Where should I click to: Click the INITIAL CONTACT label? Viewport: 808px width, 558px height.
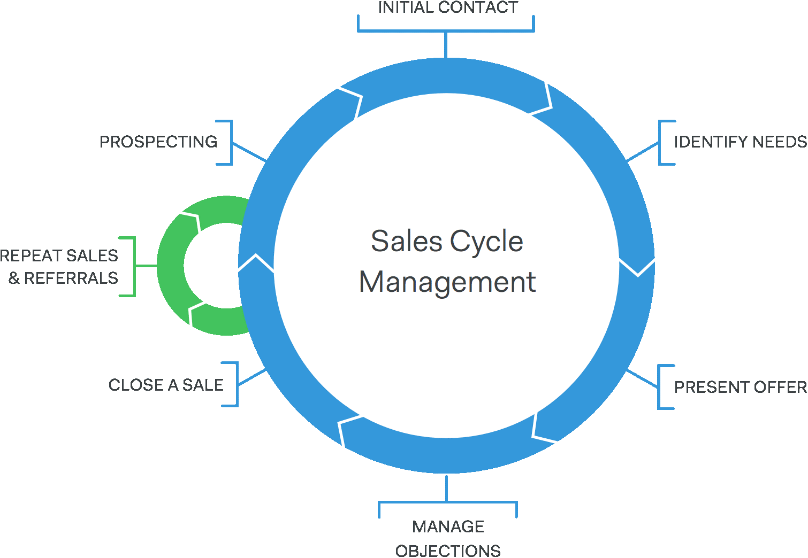tap(448, 7)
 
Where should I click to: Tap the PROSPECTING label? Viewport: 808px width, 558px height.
tap(158, 142)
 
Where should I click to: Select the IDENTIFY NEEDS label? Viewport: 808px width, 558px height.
tap(740, 142)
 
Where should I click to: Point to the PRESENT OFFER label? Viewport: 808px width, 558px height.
tap(740, 387)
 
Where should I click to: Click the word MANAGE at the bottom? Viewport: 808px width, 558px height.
tap(448, 526)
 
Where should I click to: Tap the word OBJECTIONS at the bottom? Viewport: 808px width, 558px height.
tap(448, 551)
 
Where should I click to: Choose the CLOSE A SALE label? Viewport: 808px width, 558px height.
tap(166, 385)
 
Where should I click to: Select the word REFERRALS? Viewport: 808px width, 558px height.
tap(71, 278)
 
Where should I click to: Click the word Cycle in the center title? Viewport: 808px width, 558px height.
tap(486, 241)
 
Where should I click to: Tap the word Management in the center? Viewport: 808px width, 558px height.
tap(447, 282)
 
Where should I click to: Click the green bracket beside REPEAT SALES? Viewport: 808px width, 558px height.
tap(134, 266)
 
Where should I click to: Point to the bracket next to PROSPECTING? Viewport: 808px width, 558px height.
tap(231, 142)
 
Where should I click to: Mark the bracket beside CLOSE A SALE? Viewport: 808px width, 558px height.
tap(236, 384)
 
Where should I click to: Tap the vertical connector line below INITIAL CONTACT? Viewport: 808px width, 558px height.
tap(445, 45)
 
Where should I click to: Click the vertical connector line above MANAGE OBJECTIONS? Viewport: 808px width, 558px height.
tap(447, 488)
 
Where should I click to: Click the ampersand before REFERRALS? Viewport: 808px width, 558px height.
tap(14, 278)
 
